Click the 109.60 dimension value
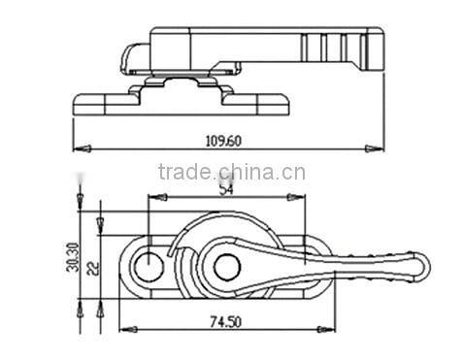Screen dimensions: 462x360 click(223, 141)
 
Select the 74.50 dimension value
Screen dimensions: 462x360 click(226, 322)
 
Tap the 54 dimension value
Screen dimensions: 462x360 click(226, 189)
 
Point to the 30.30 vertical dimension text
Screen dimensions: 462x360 click(72, 257)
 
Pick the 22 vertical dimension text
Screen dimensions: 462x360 click(93, 268)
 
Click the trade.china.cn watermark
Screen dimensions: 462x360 click(232, 172)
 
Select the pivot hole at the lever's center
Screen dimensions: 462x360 click(227, 267)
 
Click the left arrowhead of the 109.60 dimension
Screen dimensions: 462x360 click(82, 148)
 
